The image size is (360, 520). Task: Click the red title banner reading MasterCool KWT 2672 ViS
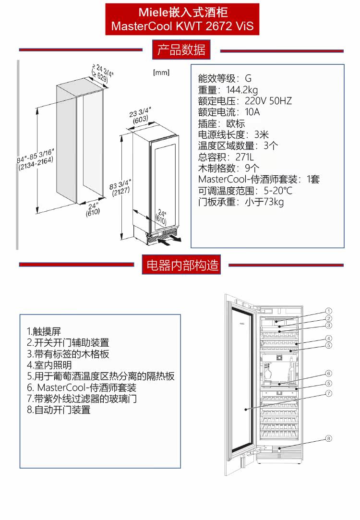click(x=182, y=19)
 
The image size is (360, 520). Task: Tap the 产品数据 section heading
click(x=181, y=49)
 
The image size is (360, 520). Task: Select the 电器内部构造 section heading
click(x=181, y=265)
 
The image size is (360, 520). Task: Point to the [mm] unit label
click(x=161, y=73)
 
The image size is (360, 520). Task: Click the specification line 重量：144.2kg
click(x=228, y=90)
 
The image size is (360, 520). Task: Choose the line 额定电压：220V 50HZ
click(x=245, y=101)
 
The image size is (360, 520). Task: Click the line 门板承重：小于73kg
click(x=241, y=202)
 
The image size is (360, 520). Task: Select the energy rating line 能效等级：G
click(x=225, y=78)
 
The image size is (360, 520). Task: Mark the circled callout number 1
click(x=329, y=311)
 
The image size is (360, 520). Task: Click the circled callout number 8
click(x=329, y=438)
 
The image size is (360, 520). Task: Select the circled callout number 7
click(x=329, y=393)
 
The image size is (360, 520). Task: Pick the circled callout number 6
click(x=329, y=373)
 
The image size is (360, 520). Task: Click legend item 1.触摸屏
click(x=44, y=331)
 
